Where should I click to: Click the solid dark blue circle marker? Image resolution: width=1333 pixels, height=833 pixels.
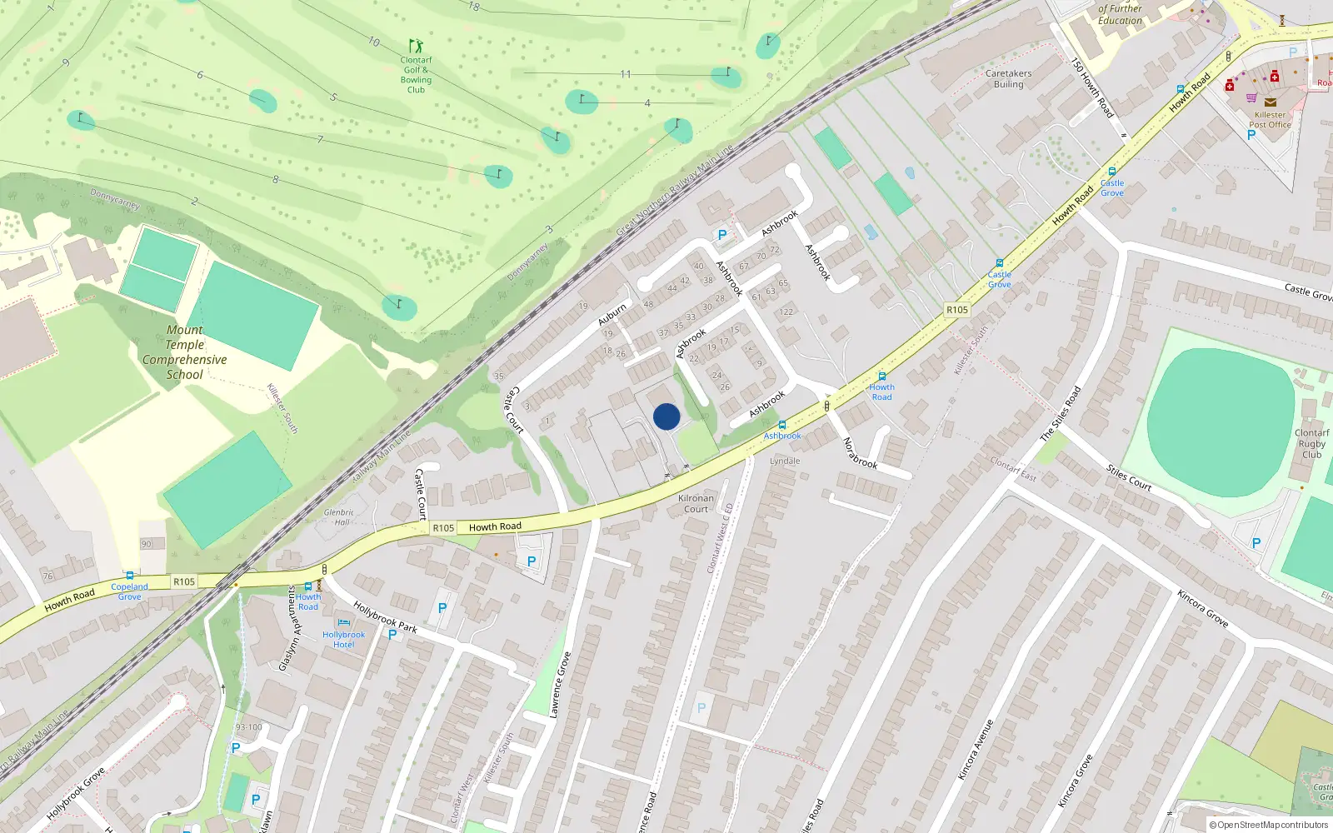pos(666,416)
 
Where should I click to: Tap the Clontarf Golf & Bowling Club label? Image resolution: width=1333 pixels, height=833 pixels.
pos(416,75)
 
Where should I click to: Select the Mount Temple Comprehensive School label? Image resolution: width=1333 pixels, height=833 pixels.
pos(184,352)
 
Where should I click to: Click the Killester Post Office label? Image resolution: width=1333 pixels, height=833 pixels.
pos(1270,120)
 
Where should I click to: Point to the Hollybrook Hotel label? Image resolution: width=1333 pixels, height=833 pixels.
pos(343,639)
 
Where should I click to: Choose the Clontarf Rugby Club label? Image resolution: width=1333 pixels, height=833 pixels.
pos(1311,444)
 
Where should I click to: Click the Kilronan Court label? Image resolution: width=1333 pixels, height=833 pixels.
pos(696,504)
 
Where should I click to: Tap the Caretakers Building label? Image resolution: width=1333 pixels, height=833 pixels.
pos(1008,79)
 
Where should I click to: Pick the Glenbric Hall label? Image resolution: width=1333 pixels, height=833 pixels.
pos(339,517)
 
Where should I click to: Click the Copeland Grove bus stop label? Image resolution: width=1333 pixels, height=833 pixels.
pos(129,591)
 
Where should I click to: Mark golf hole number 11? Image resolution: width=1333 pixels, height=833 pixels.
pos(625,74)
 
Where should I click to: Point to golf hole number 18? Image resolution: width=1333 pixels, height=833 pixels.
pos(474,7)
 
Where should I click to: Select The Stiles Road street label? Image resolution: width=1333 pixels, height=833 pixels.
pos(1060,414)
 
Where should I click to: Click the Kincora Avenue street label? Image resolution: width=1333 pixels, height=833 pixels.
pos(976,749)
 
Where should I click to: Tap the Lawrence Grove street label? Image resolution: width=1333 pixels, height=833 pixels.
pos(560,685)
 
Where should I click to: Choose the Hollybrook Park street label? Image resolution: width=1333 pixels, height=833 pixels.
pos(385,616)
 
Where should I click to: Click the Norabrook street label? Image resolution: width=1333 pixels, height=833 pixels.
pos(860,453)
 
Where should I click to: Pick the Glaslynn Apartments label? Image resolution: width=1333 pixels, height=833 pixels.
pos(288,629)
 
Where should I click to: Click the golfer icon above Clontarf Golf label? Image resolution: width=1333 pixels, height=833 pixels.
pos(416,45)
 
